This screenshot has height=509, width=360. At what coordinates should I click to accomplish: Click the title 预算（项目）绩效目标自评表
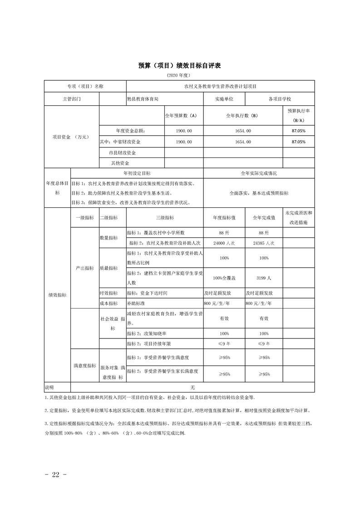179,66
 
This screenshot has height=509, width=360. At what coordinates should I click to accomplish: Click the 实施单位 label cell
224,98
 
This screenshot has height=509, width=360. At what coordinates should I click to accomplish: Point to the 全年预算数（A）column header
181,116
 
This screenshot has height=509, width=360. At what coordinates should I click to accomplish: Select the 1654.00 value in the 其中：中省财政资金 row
243,142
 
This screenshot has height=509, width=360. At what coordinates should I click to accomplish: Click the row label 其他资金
120,163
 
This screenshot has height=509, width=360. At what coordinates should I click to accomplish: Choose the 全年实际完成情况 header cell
258,173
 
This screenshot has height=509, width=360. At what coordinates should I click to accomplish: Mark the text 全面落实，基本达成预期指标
259,193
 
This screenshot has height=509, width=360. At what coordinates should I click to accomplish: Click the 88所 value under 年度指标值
224,233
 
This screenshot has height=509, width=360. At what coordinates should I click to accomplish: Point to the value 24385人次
264,243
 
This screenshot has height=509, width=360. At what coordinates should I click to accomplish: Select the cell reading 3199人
264,278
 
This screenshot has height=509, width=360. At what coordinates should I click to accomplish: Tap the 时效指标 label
108,293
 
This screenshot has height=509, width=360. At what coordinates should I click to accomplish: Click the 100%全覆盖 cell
224,278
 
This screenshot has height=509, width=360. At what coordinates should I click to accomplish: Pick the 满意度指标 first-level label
84,365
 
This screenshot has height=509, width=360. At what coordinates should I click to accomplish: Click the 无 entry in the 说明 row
192,387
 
